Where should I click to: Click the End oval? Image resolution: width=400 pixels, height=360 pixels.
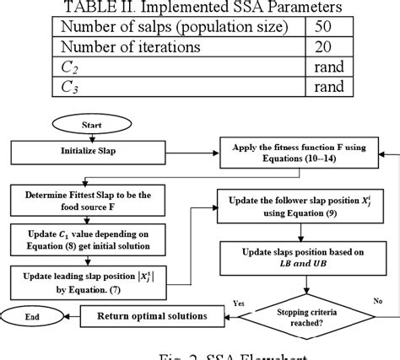[31, 317]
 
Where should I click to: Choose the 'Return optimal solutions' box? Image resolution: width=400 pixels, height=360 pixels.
[149, 317]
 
